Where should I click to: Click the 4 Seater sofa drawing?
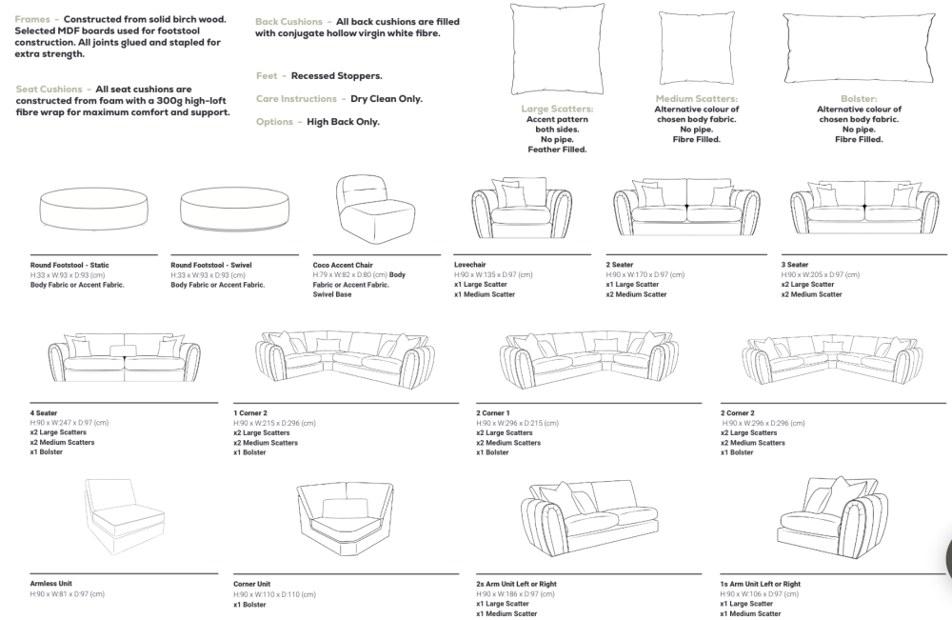click(125, 357)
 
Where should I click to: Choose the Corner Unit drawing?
click(344, 519)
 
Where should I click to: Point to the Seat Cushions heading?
click(49, 90)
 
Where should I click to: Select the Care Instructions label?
click(295, 99)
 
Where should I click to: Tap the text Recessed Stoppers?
click(336, 76)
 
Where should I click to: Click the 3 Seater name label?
click(795, 265)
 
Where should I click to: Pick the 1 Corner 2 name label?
click(251, 413)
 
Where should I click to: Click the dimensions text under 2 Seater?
click(645, 274)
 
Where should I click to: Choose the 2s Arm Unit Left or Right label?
click(517, 584)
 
